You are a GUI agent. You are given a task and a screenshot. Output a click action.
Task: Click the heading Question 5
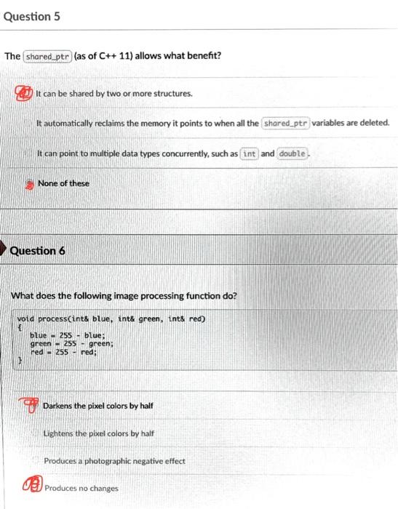[x=32, y=15]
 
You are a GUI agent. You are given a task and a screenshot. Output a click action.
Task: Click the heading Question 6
[x=37, y=251]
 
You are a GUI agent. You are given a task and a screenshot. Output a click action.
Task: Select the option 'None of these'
[x=63, y=183]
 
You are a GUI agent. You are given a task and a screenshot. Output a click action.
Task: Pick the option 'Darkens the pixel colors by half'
[x=97, y=405]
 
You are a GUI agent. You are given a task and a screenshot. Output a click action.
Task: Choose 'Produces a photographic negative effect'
[x=114, y=461]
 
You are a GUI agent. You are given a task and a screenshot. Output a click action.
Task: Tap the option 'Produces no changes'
[x=81, y=488]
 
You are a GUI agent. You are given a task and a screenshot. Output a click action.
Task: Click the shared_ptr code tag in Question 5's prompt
[x=47, y=56]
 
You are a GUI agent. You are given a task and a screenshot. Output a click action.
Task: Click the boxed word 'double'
[x=293, y=153]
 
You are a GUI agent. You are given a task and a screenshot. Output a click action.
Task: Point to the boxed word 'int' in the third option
[x=249, y=153]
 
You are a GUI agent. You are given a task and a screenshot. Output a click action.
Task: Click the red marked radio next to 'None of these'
[x=31, y=183]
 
